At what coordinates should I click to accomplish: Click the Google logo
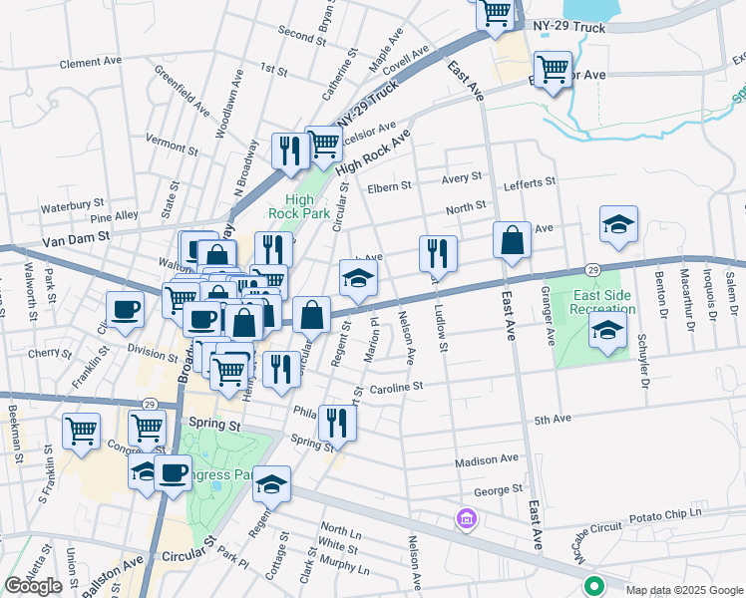click(33, 586)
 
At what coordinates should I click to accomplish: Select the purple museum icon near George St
click(465, 518)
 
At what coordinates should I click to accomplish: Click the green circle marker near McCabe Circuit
click(594, 586)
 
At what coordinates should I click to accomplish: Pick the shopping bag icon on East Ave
click(512, 240)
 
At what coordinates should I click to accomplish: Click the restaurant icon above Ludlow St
click(438, 253)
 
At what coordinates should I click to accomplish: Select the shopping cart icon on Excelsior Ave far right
click(553, 69)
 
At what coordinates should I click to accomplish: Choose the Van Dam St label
click(75, 241)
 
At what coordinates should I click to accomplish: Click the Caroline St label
click(398, 386)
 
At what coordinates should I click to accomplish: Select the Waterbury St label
click(72, 207)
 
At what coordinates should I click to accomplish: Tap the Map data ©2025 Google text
click(684, 590)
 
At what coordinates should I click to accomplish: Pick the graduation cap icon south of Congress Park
click(271, 483)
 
